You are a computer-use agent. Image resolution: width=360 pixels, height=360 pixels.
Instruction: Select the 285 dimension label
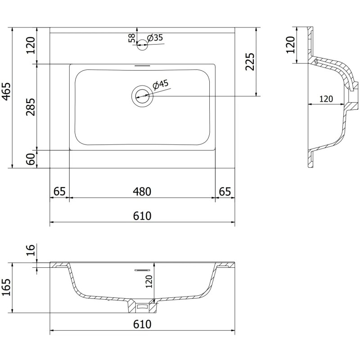[31, 106]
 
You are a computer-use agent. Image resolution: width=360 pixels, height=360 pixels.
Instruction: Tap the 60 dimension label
[31, 159]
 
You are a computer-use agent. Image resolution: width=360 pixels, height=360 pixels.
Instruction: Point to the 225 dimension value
[250, 62]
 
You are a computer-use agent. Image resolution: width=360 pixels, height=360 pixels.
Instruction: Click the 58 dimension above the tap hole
[131, 38]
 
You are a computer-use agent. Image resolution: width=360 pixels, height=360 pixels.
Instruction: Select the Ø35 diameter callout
[154, 38]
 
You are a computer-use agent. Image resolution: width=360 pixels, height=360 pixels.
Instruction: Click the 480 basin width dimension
[142, 191]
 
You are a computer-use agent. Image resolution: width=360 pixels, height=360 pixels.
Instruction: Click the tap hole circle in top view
[142, 43]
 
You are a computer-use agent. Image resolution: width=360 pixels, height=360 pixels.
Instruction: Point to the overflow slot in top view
[142, 66]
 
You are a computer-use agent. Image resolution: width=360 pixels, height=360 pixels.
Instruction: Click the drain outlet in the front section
[142, 307]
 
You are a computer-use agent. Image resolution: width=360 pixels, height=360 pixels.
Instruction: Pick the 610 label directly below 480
[142, 216]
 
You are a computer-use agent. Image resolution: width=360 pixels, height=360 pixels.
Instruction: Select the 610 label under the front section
[142, 324]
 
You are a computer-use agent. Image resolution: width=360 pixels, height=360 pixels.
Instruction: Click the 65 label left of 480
[59, 191]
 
